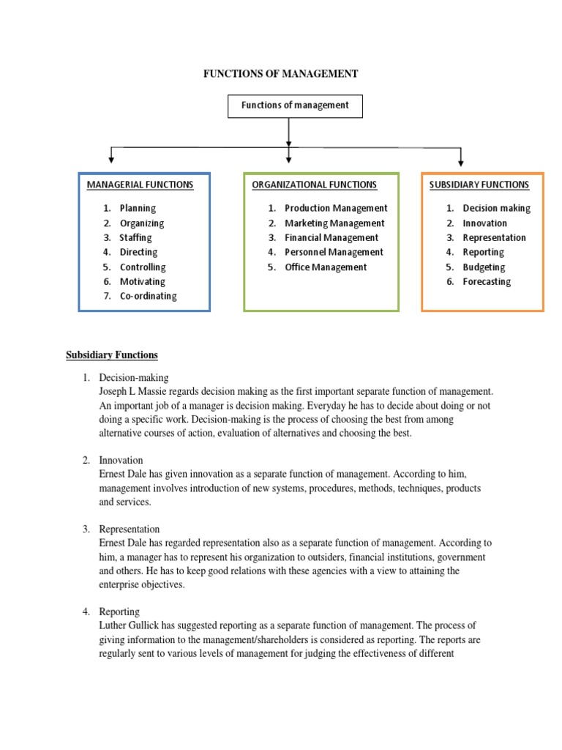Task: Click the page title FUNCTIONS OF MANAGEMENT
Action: click(280, 74)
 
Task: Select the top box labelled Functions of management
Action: click(295, 105)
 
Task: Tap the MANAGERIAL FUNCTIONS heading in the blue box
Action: click(140, 185)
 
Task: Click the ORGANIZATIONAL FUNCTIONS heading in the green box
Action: click(315, 185)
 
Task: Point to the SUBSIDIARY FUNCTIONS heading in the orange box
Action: click(479, 185)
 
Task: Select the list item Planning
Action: click(138, 208)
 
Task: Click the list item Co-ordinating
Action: click(148, 296)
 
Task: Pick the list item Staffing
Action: click(136, 237)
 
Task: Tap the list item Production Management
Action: click(336, 208)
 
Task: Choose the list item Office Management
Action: click(326, 267)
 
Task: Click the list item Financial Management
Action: click(331, 237)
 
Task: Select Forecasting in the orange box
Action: click(487, 281)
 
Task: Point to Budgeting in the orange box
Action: click(484, 267)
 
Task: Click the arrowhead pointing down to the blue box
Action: click(111, 158)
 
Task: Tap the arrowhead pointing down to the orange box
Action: click(460, 160)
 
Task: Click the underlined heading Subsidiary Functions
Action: click(112, 355)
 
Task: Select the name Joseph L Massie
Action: click(129, 393)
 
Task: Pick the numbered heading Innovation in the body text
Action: click(121, 461)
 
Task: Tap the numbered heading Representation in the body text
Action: click(130, 529)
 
